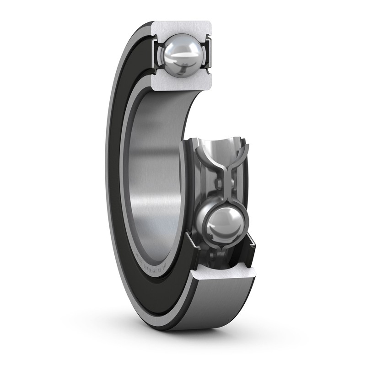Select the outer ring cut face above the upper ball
click(182, 27)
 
